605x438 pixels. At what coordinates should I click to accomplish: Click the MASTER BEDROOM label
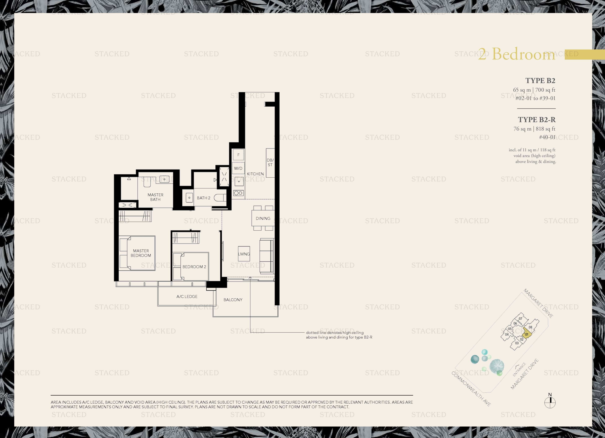tap(141, 253)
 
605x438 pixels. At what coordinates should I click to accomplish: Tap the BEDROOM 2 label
tap(194, 267)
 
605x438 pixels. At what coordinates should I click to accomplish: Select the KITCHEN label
tap(255, 174)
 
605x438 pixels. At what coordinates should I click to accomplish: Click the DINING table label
tap(263, 218)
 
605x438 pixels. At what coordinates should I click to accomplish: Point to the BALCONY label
tap(233, 300)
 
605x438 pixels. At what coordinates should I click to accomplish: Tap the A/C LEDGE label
tap(187, 296)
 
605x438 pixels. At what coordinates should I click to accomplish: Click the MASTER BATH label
tap(155, 197)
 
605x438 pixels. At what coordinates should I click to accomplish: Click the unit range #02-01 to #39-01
tap(535, 98)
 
